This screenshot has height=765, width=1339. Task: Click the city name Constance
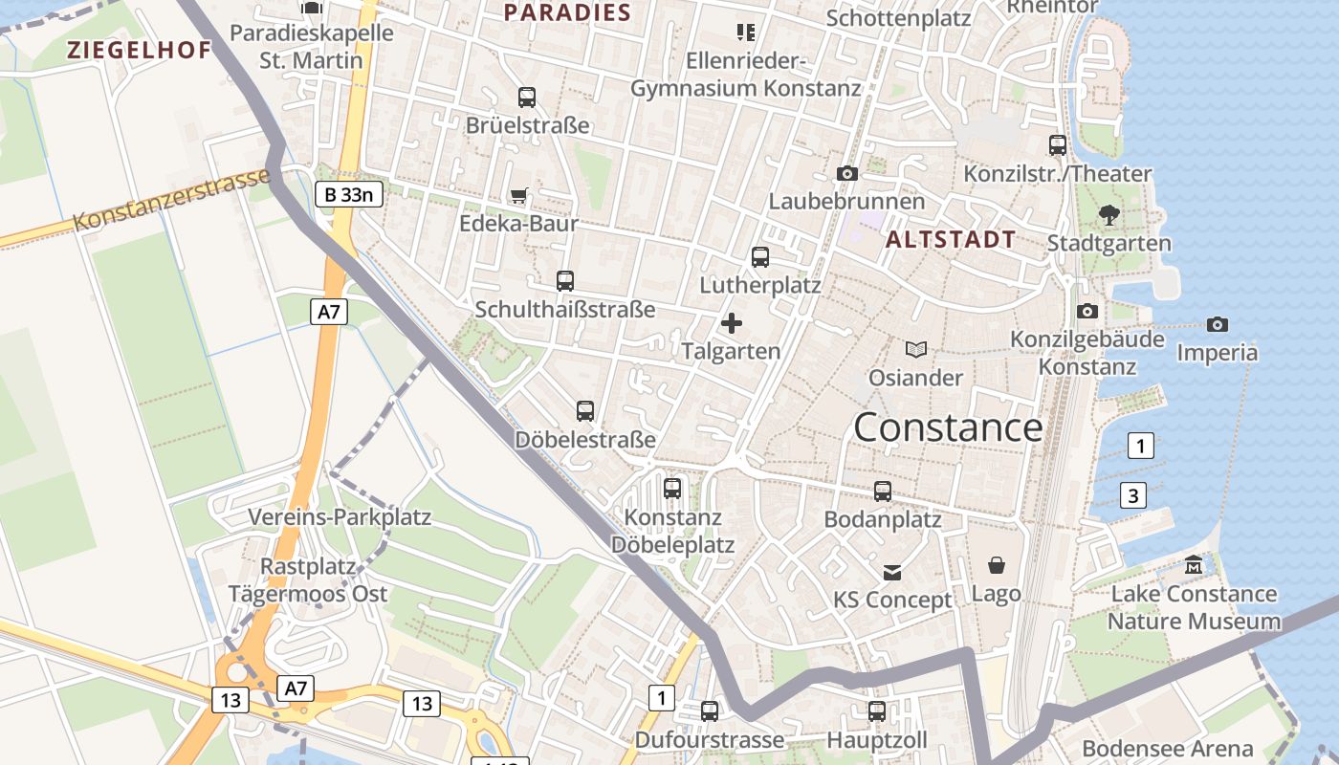tap(948, 426)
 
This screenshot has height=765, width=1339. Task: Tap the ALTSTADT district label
tap(951, 240)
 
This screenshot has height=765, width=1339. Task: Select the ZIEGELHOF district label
tap(139, 51)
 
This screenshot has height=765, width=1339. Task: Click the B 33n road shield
tap(349, 195)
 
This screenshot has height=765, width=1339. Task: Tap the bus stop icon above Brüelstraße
tap(527, 98)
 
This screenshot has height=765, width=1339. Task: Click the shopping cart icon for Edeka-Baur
tap(519, 196)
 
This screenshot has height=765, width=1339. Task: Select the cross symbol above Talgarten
tap(732, 323)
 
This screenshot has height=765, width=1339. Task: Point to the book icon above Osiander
tap(916, 350)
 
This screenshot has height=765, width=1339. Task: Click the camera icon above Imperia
tap(1217, 325)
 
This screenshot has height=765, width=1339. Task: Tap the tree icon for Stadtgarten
tap(1109, 215)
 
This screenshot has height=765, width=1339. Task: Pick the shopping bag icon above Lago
tap(997, 565)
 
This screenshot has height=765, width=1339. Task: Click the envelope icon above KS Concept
tap(892, 573)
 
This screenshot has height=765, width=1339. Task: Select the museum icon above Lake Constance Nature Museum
tap(1194, 566)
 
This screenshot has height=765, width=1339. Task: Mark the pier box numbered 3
tap(1133, 495)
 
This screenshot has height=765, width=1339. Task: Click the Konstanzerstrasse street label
tap(172, 202)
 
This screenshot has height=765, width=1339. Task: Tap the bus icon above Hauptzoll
tap(877, 711)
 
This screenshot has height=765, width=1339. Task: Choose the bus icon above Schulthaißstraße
tap(565, 281)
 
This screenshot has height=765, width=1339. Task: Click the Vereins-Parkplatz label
tap(340, 517)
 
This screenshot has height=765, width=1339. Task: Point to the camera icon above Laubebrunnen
tap(846, 174)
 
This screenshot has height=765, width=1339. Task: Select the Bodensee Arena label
tap(1167, 749)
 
